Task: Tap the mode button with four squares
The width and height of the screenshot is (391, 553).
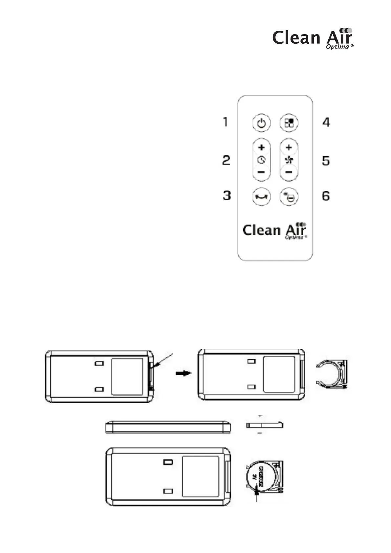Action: click(x=289, y=123)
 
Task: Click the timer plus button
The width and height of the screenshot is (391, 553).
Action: click(x=262, y=147)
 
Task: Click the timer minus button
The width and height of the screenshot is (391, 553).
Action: click(x=262, y=171)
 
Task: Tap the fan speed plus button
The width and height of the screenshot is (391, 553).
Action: click(x=289, y=147)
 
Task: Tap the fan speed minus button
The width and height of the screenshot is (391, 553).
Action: click(x=289, y=171)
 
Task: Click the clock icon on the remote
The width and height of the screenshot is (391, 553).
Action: click(x=262, y=160)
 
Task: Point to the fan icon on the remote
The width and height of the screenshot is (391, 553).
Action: click(x=289, y=160)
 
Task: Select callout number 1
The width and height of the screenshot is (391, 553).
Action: click(x=225, y=122)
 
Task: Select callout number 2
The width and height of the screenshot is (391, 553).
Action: click(x=226, y=161)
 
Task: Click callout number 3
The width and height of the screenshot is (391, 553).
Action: click(x=227, y=195)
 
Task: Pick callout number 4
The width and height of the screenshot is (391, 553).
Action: click(x=326, y=122)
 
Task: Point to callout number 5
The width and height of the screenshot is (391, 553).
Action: click(x=326, y=161)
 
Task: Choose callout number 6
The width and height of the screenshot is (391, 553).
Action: click(x=326, y=196)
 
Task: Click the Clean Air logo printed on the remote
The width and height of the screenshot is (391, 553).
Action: click(x=274, y=231)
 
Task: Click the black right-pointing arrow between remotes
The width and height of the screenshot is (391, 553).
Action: click(x=184, y=373)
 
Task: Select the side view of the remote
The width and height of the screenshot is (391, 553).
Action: click(x=168, y=427)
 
